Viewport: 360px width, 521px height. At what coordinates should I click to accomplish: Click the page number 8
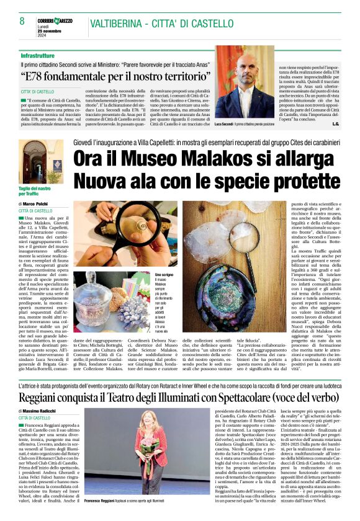22,21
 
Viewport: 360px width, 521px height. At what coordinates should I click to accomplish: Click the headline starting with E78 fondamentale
115,78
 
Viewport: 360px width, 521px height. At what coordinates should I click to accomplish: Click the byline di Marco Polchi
37,203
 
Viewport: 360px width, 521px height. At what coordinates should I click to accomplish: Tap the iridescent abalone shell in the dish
223,295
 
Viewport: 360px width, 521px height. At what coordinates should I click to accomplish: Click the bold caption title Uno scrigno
164,274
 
